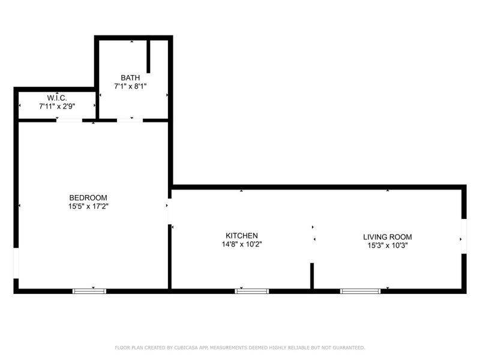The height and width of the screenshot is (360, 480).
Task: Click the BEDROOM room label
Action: coord(88,198)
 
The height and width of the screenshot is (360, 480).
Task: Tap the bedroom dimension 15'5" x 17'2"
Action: coord(88,206)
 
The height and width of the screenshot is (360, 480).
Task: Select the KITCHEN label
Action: coord(242,236)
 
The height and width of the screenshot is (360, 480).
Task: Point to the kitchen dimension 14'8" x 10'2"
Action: coord(242,244)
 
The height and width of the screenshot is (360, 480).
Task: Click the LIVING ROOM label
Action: coord(388,237)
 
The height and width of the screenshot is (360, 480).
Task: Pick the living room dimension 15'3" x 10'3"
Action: coord(388,245)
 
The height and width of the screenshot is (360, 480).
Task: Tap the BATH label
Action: coord(131,78)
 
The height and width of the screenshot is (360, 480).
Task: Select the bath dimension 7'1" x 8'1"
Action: coord(131,86)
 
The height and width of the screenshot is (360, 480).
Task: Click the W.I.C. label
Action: coord(57,98)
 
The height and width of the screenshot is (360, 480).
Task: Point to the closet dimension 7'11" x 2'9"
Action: coord(57,106)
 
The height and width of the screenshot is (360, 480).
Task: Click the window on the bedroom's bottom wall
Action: coord(89,291)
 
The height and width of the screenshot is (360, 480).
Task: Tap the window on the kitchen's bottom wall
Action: coord(252,291)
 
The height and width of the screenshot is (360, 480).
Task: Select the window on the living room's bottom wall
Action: coord(360,291)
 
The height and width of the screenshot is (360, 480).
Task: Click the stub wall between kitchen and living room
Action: coord(311,277)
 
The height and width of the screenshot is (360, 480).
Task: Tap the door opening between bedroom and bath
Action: coord(130,121)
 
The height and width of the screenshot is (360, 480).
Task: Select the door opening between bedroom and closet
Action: coord(70,121)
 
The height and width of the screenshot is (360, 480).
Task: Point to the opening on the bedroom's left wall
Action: coord(16,264)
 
